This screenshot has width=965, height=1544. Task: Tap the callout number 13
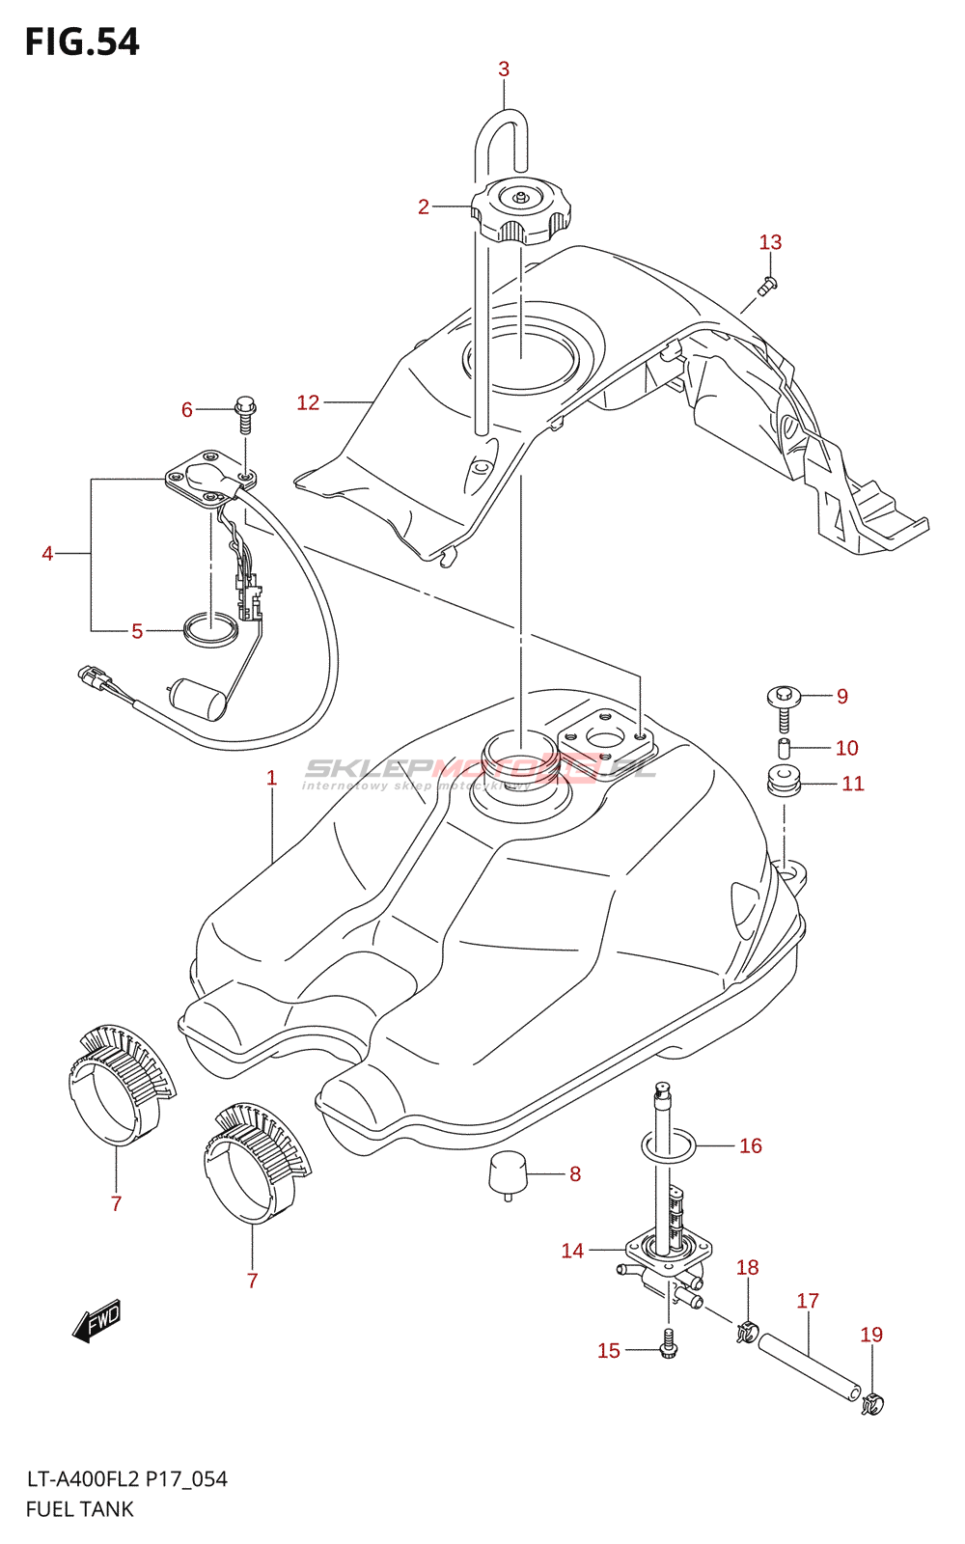click(x=770, y=242)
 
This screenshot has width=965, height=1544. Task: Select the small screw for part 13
click(x=768, y=285)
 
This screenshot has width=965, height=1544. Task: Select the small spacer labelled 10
click(x=785, y=748)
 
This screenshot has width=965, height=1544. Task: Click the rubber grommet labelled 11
click(x=785, y=781)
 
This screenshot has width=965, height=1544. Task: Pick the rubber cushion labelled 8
click(x=509, y=1172)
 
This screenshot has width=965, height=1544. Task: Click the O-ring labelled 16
click(x=669, y=1146)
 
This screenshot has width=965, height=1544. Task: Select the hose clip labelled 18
click(x=745, y=1333)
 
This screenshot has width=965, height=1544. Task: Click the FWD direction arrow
click(x=96, y=1320)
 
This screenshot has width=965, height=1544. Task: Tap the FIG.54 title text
click(x=82, y=41)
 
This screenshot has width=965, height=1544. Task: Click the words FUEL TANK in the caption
click(x=80, y=1509)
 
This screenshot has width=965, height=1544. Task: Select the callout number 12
click(x=308, y=402)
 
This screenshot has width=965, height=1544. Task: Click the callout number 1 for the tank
click(x=272, y=778)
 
